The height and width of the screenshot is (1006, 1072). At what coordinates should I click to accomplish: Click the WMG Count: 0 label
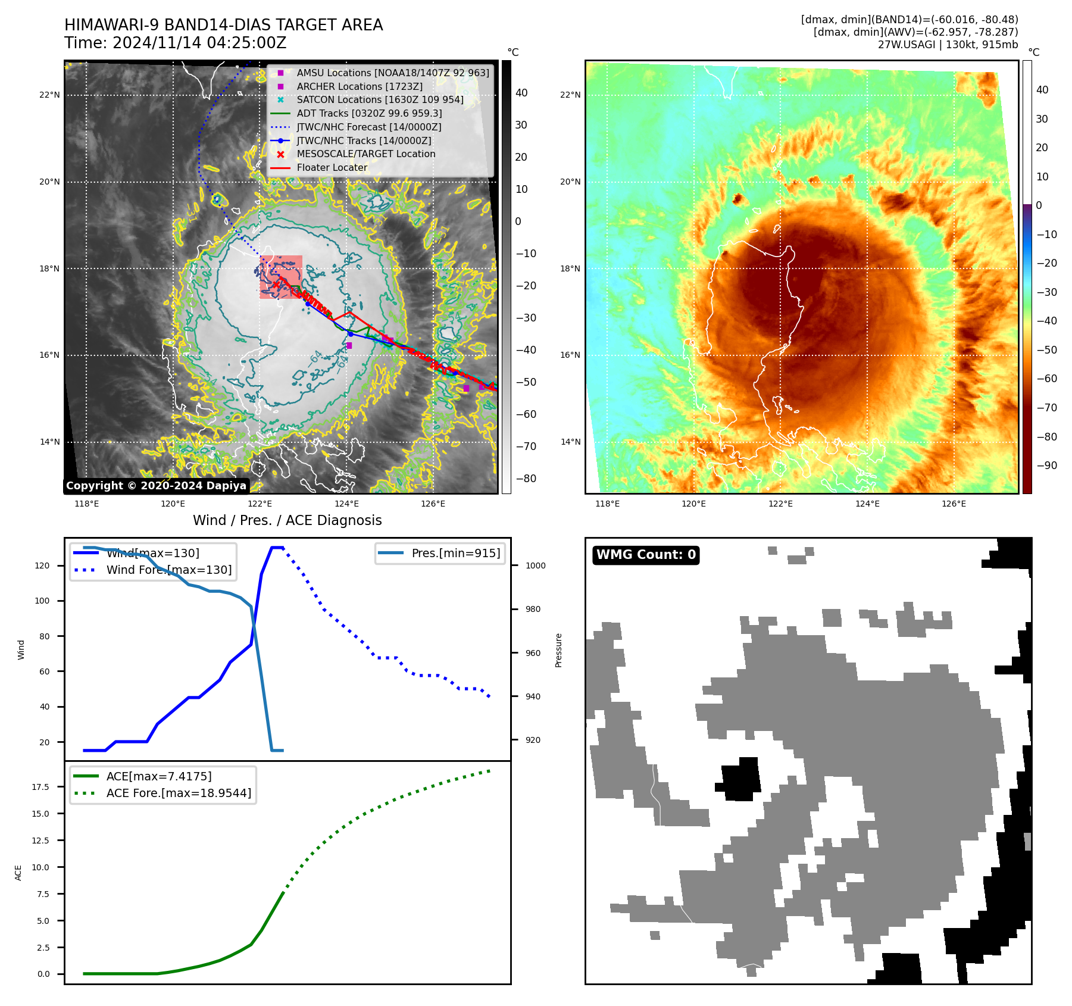click(x=646, y=555)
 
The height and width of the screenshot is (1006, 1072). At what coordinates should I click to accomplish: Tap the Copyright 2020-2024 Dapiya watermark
click(x=156, y=486)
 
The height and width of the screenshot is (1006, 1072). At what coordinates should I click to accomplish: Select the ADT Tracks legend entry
click(x=369, y=113)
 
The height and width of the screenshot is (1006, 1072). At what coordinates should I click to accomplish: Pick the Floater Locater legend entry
click(x=332, y=168)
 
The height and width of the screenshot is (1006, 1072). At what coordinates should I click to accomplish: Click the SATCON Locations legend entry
click(x=380, y=99)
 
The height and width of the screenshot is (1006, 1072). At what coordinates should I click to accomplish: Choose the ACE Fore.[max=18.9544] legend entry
click(x=179, y=793)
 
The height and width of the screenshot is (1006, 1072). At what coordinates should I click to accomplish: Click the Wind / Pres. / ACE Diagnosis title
click(x=287, y=520)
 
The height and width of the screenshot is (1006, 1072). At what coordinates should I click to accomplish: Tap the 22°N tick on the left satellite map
click(x=50, y=95)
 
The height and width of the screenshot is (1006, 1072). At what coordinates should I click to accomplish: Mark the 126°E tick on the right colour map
click(x=954, y=504)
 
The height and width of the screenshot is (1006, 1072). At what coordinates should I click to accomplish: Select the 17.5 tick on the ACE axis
click(x=41, y=787)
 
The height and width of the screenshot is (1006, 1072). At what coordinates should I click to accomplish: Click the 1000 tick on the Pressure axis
click(x=535, y=566)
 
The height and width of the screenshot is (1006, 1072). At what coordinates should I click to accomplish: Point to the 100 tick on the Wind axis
click(x=42, y=601)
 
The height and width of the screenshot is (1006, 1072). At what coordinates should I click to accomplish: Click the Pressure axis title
click(x=558, y=650)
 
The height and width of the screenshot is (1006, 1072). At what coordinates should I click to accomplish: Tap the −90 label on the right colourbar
click(x=1046, y=465)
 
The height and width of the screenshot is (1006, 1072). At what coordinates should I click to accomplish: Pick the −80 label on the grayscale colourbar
click(x=526, y=479)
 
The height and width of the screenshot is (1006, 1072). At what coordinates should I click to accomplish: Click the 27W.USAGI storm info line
click(x=948, y=45)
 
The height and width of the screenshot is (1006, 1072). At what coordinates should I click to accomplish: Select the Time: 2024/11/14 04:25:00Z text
click(x=176, y=43)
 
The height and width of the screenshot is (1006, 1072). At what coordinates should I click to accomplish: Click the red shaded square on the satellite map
click(x=281, y=277)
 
